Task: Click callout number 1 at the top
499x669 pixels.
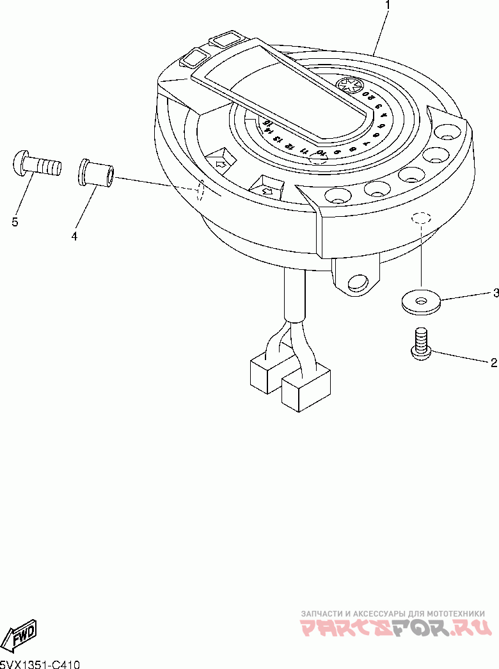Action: [386, 6]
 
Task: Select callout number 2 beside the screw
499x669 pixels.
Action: [493, 363]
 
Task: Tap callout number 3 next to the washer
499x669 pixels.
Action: [495, 294]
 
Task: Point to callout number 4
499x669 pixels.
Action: [74, 237]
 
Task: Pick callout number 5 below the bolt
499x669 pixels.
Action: [14, 222]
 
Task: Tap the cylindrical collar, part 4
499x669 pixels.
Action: [96, 173]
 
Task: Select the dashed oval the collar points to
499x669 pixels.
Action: [200, 189]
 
